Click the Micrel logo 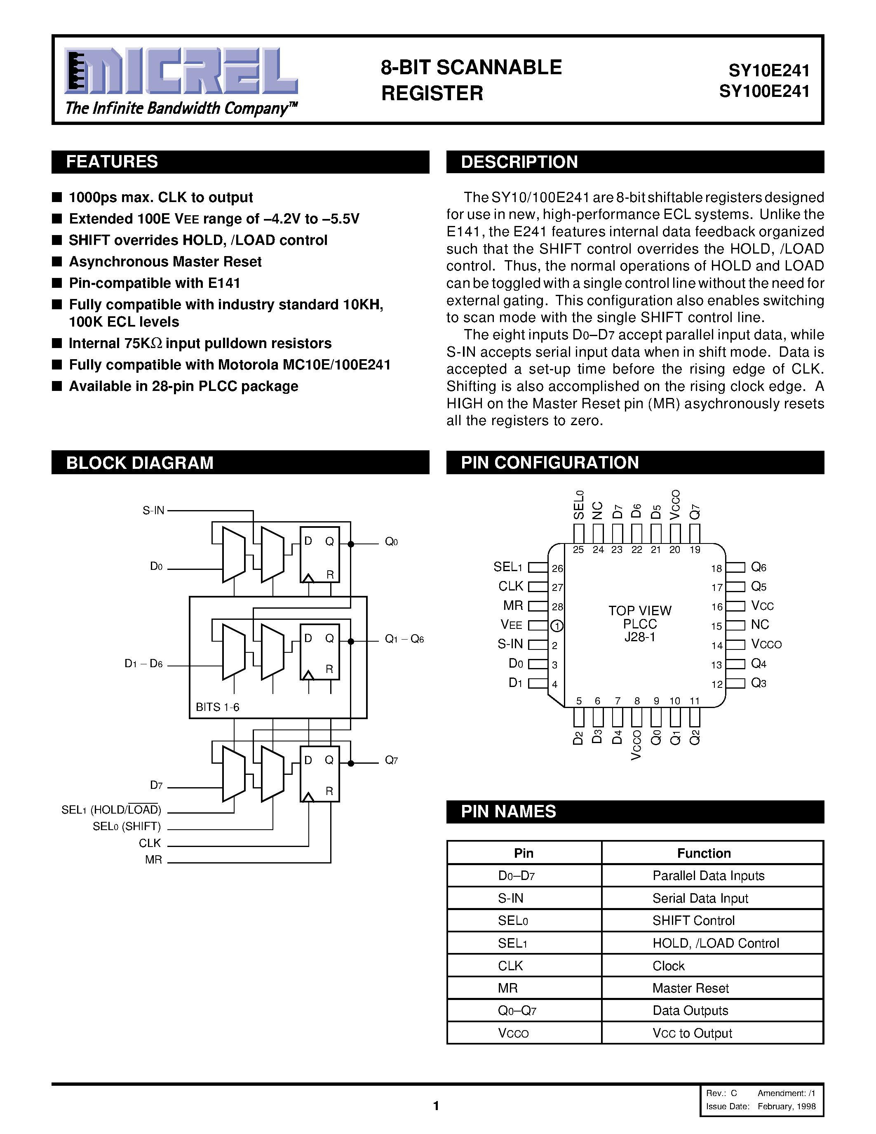tap(181, 71)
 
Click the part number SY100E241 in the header tap(764, 92)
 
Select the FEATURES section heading tap(112, 162)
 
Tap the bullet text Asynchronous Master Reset tap(165, 262)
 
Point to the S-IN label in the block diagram tap(153, 511)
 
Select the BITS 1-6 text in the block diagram tap(217, 707)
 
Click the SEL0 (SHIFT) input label tap(127, 826)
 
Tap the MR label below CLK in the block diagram tap(154, 860)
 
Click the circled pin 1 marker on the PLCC tap(557, 626)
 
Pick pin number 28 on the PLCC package tap(557, 607)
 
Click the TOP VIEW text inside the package tap(640, 611)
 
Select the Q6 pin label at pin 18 tap(758, 567)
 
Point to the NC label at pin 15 tap(760, 625)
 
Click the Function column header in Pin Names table tap(704, 853)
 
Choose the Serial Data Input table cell tap(700, 898)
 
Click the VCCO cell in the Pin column tap(513, 1033)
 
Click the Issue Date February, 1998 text tap(760, 1106)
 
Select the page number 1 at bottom tap(436, 1106)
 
